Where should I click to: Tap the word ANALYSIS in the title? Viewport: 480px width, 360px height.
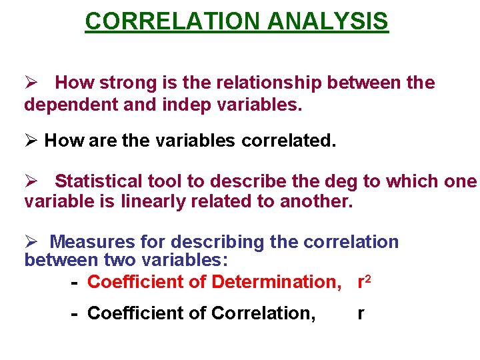(327, 21)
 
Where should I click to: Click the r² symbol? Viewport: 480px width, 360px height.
(364, 281)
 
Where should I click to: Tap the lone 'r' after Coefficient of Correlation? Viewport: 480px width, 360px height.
(361, 313)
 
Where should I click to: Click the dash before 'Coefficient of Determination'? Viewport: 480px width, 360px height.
(75, 283)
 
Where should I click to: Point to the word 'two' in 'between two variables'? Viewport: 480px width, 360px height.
(119, 260)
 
